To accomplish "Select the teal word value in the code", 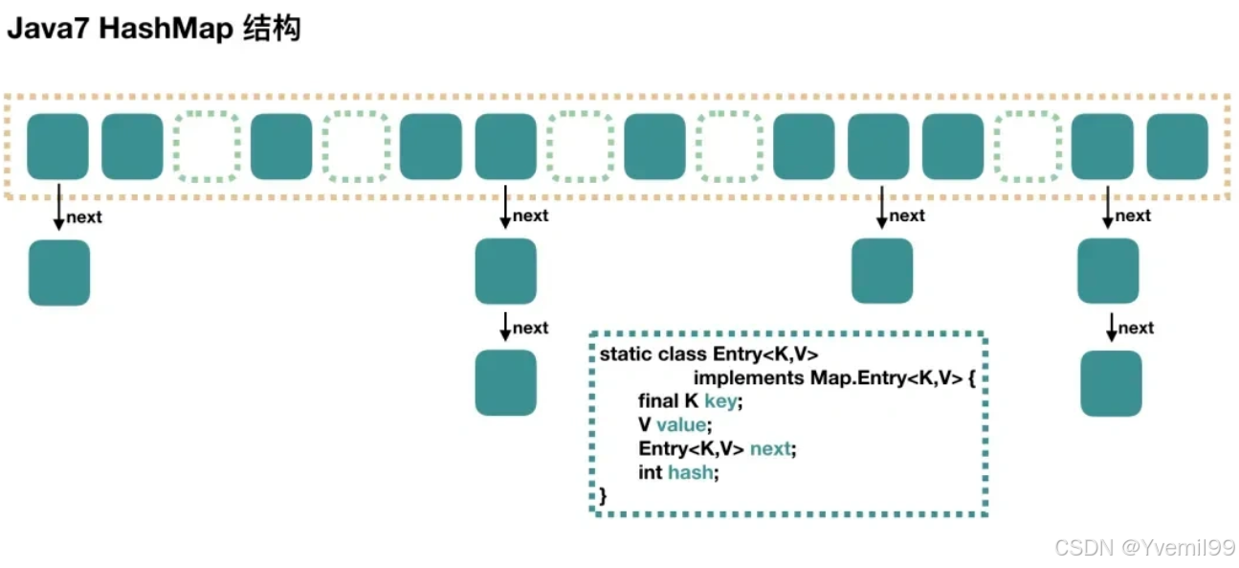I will point(683,424).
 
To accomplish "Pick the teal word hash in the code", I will point(691,472).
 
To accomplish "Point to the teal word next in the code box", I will point(772,448).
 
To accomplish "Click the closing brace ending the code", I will point(603,495).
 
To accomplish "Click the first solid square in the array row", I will point(57,147).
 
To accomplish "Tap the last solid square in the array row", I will point(1178,147).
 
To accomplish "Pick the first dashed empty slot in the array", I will point(207,147).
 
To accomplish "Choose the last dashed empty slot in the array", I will point(1028,147).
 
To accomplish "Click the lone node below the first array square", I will point(59,272).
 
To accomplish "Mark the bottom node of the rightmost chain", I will point(1111,383).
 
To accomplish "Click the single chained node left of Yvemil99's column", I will point(882,271).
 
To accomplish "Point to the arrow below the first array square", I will point(58,208).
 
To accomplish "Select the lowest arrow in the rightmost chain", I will point(1111,326).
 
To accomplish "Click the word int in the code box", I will point(651,472).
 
